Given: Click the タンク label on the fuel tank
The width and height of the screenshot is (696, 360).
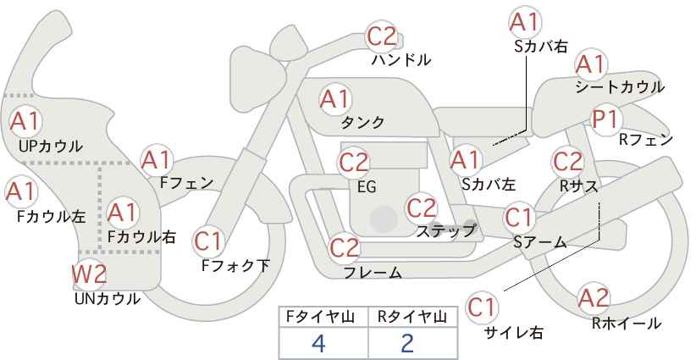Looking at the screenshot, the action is [362, 122].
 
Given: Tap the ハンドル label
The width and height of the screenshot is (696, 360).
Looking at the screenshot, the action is [400, 60].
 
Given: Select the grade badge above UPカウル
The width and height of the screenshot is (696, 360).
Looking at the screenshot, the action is [25, 121].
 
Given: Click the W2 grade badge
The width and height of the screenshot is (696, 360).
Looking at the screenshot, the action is [89, 274].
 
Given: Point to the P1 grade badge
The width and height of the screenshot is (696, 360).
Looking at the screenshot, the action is [606, 120].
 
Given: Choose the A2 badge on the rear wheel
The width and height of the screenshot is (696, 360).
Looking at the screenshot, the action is [594, 297].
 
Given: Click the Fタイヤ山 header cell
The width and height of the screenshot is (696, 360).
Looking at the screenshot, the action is [323, 317].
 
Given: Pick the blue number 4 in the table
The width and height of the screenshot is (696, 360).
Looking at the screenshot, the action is [318, 343].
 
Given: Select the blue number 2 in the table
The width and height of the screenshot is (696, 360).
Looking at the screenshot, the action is [406, 343].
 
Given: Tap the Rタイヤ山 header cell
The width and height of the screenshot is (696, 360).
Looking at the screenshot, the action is [413, 317].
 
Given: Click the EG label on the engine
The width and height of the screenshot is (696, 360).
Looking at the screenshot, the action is [367, 187].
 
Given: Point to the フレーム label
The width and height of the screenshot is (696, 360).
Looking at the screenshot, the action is [373, 272].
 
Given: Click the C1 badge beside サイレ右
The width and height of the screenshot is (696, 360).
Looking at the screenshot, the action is [482, 307].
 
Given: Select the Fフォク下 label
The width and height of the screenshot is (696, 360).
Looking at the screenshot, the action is [235, 265].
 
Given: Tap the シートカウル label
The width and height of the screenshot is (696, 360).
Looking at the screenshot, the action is [620, 87].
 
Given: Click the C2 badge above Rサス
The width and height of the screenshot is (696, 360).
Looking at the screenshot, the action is [567, 162].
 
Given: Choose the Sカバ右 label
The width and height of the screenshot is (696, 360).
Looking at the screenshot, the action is [541, 47].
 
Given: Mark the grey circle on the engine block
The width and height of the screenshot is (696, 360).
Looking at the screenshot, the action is [384, 219].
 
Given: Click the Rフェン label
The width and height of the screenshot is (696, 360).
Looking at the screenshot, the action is [646, 140].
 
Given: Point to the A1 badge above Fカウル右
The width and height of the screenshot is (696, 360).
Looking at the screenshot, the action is [123, 213].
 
